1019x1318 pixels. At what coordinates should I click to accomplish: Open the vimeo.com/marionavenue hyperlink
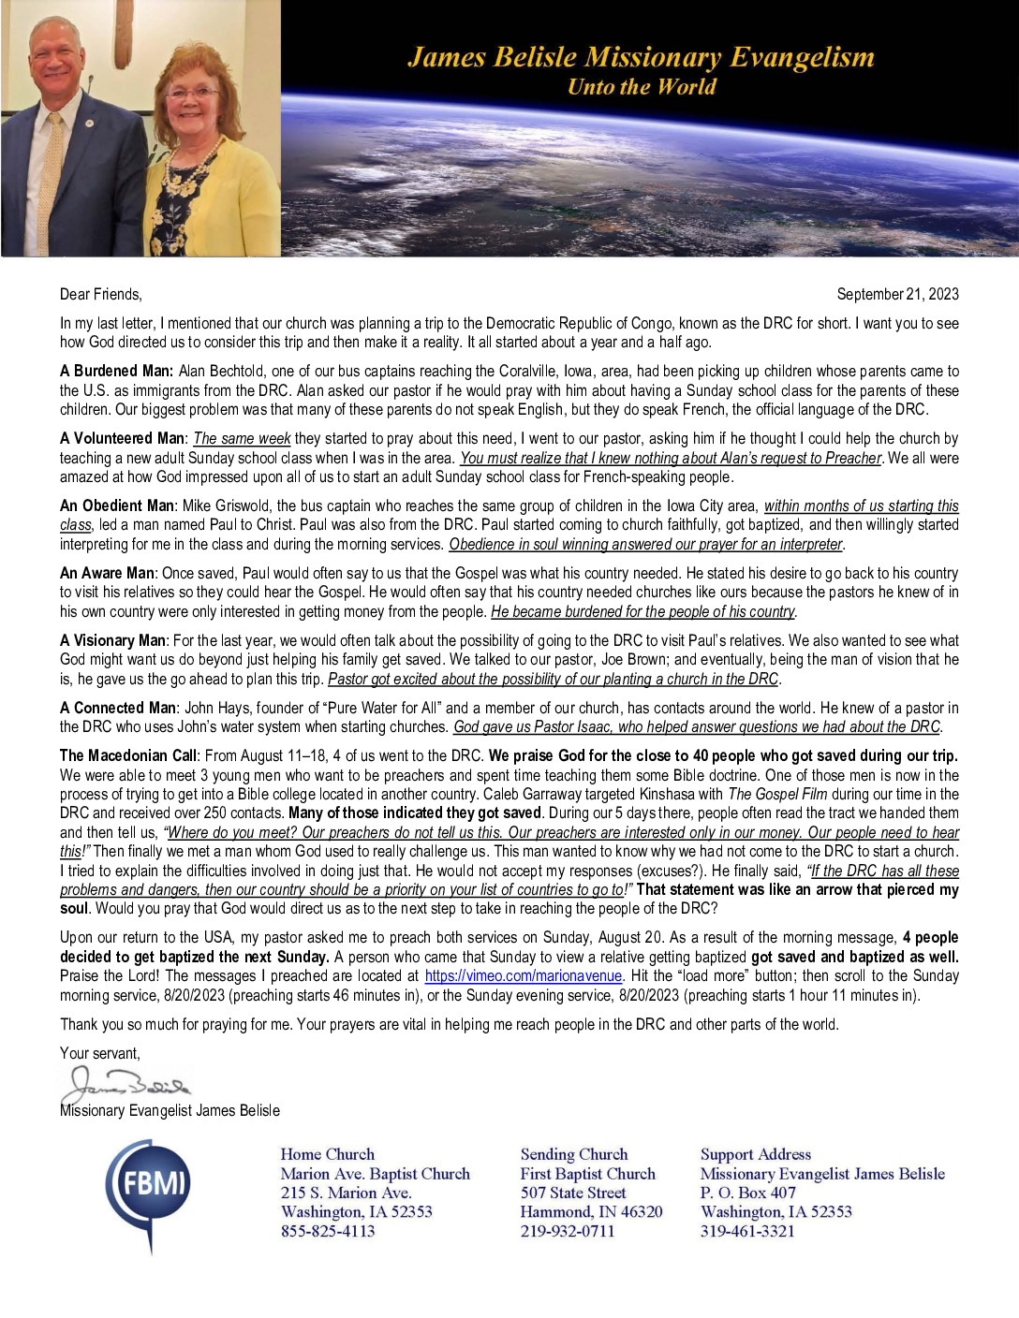coord(524,975)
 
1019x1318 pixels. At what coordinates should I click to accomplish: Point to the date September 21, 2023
coord(897,294)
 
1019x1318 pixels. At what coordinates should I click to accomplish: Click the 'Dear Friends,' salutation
coord(101,294)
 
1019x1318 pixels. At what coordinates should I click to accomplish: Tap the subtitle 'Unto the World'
coord(642,87)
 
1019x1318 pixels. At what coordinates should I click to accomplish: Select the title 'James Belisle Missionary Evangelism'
coord(641,57)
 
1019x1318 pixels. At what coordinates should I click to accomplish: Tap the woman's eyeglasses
coord(193,93)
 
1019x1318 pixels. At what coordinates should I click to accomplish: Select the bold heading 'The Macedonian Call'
coord(128,755)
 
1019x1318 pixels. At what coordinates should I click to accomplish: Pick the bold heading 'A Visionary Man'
coord(113,640)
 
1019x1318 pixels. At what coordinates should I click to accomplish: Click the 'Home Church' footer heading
coord(327,1154)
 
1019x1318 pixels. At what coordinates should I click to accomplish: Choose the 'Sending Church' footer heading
coord(574,1154)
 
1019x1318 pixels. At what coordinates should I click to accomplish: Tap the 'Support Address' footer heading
coord(756,1154)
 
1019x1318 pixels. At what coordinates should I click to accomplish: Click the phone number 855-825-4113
coord(328,1231)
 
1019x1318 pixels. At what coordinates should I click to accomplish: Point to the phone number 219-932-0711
coord(568,1231)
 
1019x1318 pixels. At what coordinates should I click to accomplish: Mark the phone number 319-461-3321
coord(747,1231)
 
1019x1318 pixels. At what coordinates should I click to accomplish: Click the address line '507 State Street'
coord(573,1193)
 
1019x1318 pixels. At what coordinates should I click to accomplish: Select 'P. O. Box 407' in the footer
coord(748,1193)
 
